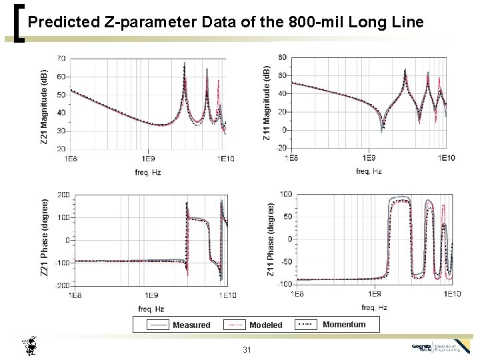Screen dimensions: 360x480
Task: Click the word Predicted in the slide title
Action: (x=65, y=22)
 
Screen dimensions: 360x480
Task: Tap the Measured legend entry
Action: (x=191, y=325)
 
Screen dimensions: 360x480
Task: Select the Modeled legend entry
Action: (x=265, y=325)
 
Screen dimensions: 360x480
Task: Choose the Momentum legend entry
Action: (x=344, y=325)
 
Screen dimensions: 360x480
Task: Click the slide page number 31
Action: (x=247, y=351)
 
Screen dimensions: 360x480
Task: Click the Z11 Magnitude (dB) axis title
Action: (x=266, y=103)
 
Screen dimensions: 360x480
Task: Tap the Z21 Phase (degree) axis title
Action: (x=45, y=237)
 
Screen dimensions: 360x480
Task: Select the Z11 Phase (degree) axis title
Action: (x=271, y=240)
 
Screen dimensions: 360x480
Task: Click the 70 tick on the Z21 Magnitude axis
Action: (x=61, y=59)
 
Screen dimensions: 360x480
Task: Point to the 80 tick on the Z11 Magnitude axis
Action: (x=282, y=57)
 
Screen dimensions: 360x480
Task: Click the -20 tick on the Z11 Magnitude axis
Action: (x=281, y=148)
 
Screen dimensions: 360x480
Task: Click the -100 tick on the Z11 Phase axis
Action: (x=283, y=284)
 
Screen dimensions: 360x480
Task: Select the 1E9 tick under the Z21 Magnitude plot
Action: (x=148, y=159)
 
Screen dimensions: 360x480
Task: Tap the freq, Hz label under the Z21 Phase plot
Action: (x=151, y=309)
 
